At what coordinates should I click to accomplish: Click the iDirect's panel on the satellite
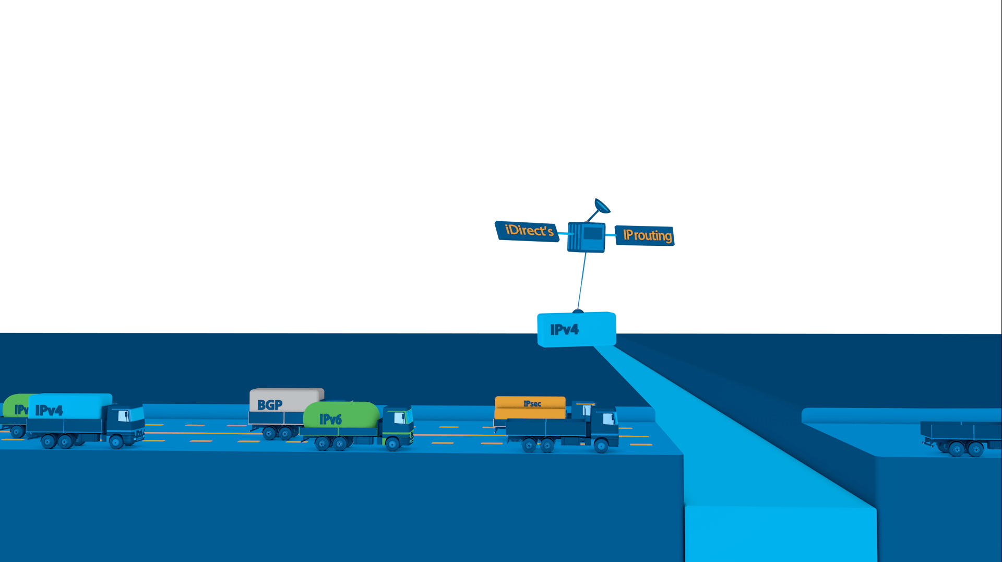tap(527, 231)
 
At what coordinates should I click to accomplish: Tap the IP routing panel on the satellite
tap(645, 235)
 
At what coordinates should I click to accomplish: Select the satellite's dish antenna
tap(602, 206)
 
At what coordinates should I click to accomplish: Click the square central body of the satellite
tap(587, 237)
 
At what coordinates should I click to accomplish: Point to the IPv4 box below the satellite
tap(577, 329)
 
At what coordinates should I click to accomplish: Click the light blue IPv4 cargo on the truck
tap(70, 406)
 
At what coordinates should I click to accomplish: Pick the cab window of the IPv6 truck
tap(399, 417)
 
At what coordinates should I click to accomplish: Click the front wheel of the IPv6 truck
tap(392, 444)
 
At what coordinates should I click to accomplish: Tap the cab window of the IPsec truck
tap(608, 418)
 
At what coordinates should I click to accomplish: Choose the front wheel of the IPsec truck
tap(601, 446)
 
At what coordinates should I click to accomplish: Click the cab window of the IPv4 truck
tap(123, 416)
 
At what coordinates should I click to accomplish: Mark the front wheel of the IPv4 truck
tap(116, 442)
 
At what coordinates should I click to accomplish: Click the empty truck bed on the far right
tap(960, 431)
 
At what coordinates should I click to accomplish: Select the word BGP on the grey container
tap(270, 405)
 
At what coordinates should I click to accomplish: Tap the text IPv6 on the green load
tap(330, 419)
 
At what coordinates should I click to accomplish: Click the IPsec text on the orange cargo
tap(532, 403)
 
